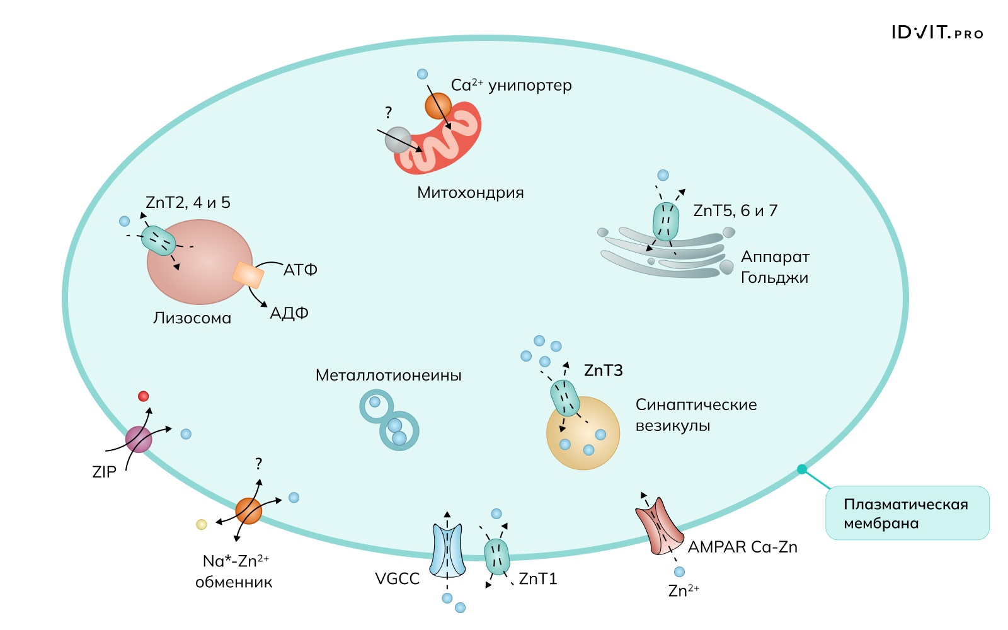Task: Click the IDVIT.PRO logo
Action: click(937, 33)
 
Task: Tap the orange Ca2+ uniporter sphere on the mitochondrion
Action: click(438, 106)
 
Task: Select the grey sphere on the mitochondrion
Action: click(398, 140)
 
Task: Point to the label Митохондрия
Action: click(470, 193)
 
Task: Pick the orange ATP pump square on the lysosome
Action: click(248, 275)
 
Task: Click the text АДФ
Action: click(289, 313)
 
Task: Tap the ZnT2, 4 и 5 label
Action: click(188, 203)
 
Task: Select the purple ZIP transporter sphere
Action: click(139, 439)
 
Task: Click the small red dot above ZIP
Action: click(143, 396)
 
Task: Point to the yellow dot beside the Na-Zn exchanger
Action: click(202, 524)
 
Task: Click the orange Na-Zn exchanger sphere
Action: click(249, 511)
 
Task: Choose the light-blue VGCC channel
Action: click(447, 550)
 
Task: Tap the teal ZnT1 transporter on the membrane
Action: click(496, 557)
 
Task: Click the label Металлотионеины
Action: click(388, 375)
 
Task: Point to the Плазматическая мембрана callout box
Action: click(907, 513)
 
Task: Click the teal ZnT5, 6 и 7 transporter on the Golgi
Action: click(666, 221)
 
